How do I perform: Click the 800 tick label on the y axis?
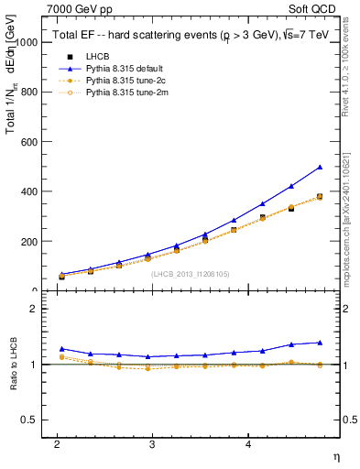28,93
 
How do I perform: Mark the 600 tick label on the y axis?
28,142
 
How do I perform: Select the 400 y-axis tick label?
28,191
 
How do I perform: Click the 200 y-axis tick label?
28,241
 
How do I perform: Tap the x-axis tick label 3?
152,443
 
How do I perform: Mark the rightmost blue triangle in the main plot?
320,167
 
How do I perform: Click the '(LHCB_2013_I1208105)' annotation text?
190,273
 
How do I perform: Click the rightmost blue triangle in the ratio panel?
320,342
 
